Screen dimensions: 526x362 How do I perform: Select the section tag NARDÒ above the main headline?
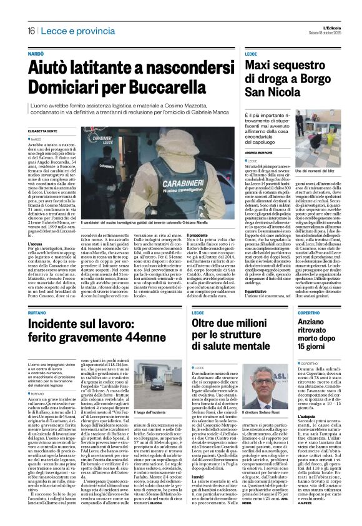(36, 55)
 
